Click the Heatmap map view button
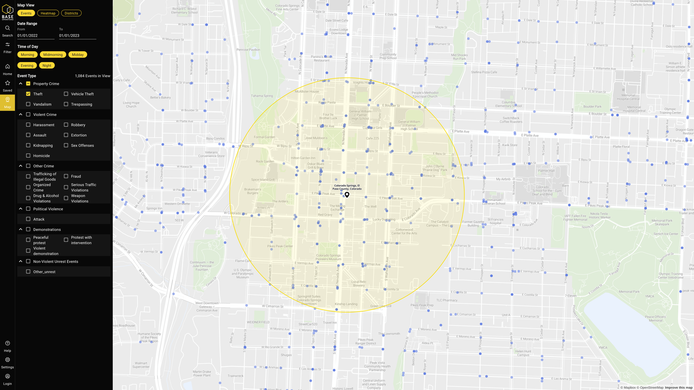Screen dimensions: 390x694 [48, 13]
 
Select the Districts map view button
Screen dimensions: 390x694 [71, 13]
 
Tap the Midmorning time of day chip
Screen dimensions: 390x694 [53, 55]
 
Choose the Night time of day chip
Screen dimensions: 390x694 [47, 65]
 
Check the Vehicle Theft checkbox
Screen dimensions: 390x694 [66, 94]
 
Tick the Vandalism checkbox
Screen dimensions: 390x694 [28, 104]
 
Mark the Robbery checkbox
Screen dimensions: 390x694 [66, 125]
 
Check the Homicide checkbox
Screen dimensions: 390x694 [28, 156]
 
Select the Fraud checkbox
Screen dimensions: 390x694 [66, 176]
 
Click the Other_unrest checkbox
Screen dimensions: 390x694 [28, 272]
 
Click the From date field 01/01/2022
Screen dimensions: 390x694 [35, 35]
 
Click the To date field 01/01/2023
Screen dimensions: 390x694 [77, 35]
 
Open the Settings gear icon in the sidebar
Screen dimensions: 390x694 [8, 360]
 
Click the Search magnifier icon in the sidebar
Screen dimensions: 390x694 [8, 28]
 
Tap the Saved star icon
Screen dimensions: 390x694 [8, 83]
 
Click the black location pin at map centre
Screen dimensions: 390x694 [347, 195]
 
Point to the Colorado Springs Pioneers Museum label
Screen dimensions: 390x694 [328, 257]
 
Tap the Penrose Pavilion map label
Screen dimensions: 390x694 [248, 50]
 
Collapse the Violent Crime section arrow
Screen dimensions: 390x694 [21, 115]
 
